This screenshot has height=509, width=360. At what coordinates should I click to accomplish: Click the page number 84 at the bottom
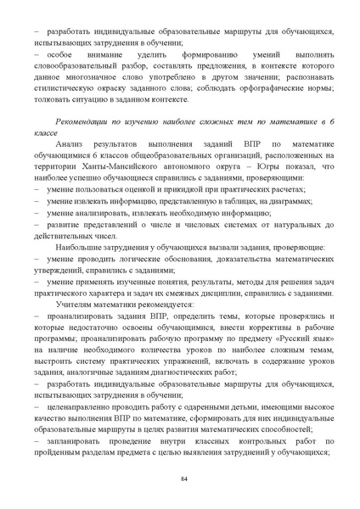pos(183,481)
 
